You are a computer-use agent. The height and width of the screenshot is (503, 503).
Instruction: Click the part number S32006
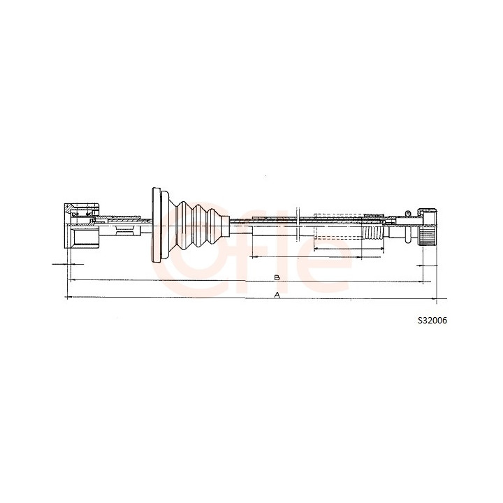(x=432, y=320)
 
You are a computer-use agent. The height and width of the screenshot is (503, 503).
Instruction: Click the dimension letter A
(x=277, y=295)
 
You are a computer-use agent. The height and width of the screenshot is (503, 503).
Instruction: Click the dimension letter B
(x=277, y=277)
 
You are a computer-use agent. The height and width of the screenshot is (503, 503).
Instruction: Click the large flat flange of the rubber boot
(x=156, y=224)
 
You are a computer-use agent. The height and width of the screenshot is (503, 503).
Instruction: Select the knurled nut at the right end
(x=428, y=228)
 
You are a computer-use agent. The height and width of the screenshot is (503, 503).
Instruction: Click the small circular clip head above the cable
(x=407, y=212)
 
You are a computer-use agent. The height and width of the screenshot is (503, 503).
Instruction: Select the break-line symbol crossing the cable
(x=298, y=223)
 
